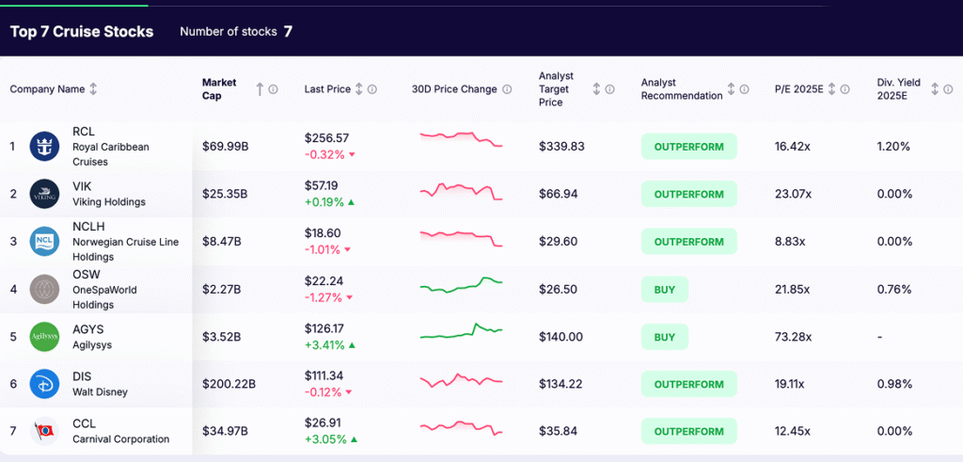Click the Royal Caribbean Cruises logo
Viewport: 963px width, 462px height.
44,147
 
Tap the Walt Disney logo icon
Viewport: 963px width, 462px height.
44,384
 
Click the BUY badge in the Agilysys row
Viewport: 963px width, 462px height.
664,337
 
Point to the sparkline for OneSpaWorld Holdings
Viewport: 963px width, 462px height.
461,284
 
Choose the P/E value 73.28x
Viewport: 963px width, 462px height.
794,337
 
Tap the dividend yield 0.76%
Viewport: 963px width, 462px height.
893,289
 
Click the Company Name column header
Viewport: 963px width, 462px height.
47,89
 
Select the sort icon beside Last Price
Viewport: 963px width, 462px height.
358,89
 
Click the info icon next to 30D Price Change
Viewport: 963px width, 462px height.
507,89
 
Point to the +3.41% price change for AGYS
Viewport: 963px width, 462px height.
324,344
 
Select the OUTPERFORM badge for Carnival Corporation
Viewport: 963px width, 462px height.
688,431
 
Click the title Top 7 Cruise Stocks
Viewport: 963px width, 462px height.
82,32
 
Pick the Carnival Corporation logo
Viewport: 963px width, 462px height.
44,431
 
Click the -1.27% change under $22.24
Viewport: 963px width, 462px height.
324,297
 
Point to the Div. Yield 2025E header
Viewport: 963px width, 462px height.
898,89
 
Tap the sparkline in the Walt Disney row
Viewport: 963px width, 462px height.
461,382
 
